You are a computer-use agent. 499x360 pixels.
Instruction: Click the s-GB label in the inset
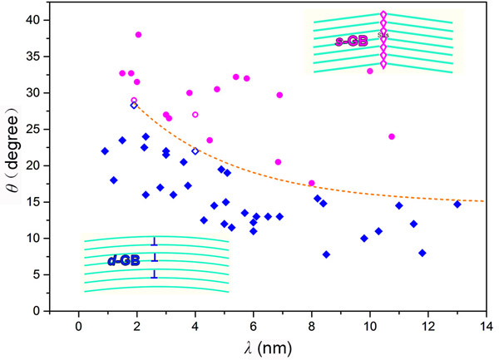pyautogui.click(x=348, y=39)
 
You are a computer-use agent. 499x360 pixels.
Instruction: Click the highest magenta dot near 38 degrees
pyautogui.click(x=138, y=35)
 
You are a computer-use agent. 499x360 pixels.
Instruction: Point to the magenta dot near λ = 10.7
pyautogui.click(x=392, y=136)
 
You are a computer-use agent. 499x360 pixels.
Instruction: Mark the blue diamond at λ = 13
pyautogui.click(x=457, y=204)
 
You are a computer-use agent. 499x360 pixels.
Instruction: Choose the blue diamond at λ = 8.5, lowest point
pyautogui.click(x=326, y=254)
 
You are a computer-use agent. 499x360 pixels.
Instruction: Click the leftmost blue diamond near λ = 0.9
pyautogui.click(x=105, y=150)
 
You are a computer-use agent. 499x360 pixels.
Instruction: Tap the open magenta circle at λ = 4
pyautogui.click(x=195, y=115)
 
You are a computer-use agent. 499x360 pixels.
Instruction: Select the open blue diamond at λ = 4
pyautogui.click(x=195, y=150)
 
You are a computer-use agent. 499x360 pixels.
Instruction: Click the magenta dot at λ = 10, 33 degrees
pyautogui.click(x=370, y=71)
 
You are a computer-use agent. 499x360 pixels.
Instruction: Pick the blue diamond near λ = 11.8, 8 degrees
pyautogui.click(x=422, y=253)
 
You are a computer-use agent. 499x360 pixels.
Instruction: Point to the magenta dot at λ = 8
pyautogui.click(x=312, y=183)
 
